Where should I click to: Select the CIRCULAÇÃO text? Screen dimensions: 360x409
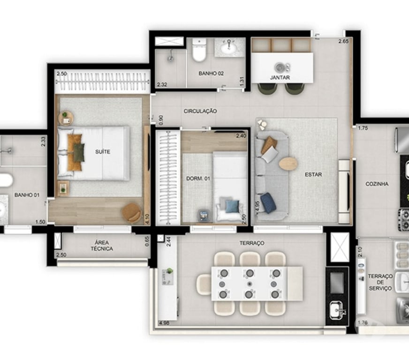pyautogui.click(x=200, y=111)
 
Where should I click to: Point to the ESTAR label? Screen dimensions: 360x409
pyautogui.click(x=313, y=174)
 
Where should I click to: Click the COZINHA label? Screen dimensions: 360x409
pyautogui.click(x=377, y=184)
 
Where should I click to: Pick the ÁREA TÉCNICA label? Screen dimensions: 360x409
pyautogui.click(x=102, y=245)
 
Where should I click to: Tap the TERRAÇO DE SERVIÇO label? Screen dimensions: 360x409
pyautogui.click(x=379, y=282)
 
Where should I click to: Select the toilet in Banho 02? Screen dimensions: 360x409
pyautogui.click(x=199, y=51)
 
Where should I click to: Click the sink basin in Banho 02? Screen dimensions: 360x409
pyautogui.click(x=230, y=46)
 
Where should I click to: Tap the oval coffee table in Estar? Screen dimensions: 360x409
pyautogui.click(x=288, y=164)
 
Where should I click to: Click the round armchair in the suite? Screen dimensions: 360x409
pyautogui.click(x=131, y=213)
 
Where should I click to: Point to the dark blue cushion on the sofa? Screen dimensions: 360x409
pyautogui.click(x=268, y=202)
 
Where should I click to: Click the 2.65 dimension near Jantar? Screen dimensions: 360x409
pyautogui.click(x=344, y=42)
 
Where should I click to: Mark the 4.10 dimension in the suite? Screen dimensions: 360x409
pyautogui.click(x=147, y=218)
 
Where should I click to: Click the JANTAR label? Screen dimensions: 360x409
pyautogui.click(x=280, y=77)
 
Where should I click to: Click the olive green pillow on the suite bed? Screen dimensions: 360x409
pyautogui.click(x=79, y=152)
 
